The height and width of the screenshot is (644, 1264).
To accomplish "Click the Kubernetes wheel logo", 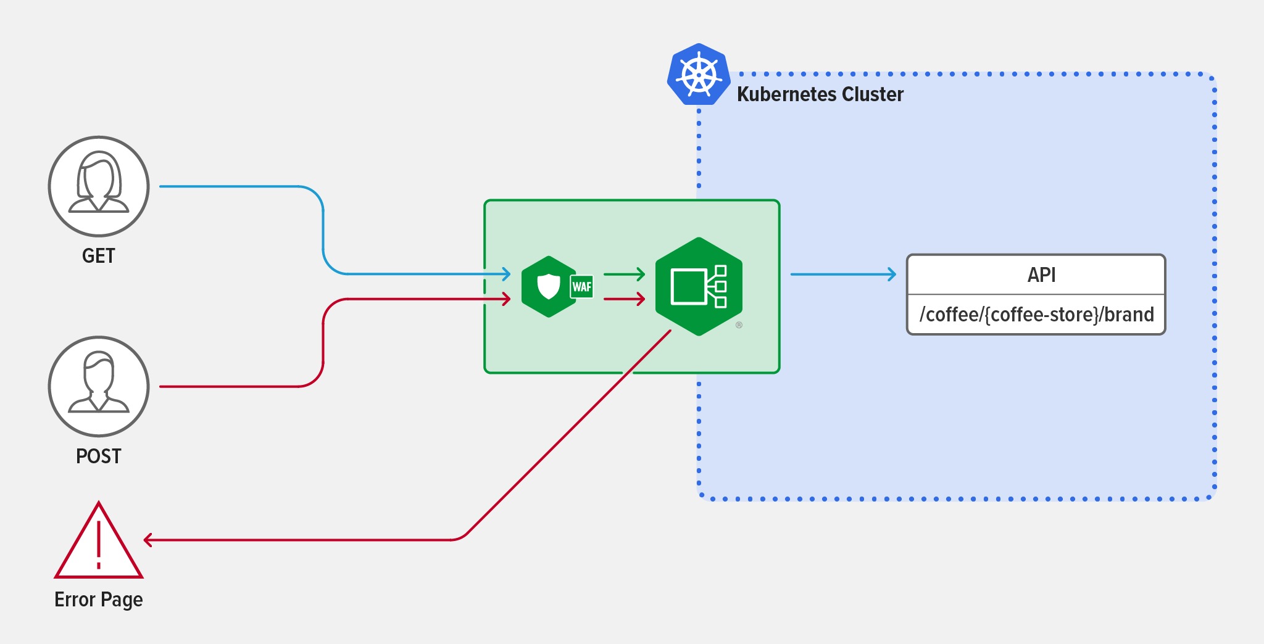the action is coord(699,75).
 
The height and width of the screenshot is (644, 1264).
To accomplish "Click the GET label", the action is coord(99,256).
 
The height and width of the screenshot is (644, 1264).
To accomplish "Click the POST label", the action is coord(99,456).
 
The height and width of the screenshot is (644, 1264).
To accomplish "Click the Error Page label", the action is coord(99,600).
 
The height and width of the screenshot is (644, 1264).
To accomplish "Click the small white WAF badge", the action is coord(581,287).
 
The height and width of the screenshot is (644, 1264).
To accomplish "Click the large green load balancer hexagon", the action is coord(699,287).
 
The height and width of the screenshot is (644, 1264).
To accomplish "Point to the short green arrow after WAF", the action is coord(624,274).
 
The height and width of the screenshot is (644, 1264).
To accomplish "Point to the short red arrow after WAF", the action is coord(624,299).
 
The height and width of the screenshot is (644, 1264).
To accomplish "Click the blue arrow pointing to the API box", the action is coord(843,274).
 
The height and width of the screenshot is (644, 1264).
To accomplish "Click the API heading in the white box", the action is coord(1041,275).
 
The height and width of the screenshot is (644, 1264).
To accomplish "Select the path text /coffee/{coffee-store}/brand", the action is coord(1036,315).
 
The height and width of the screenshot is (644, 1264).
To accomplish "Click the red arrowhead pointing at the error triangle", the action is coord(148,540).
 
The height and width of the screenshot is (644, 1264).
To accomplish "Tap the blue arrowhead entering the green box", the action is coord(506,274).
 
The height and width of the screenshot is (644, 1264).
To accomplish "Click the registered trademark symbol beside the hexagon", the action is coord(739,325).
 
